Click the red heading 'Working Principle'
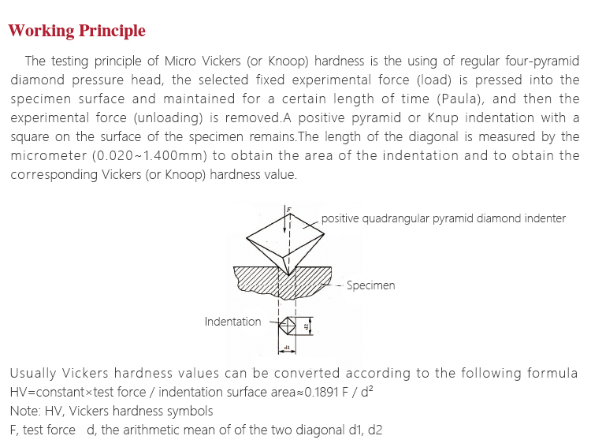pyautogui.click(x=76, y=32)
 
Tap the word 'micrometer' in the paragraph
pyautogui.click(x=48, y=155)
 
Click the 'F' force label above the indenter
pyautogui.click(x=289, y=210)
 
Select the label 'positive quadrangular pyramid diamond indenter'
pyautogui.click(x=444, y=218)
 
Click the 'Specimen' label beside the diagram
pyautogui.click(x=370, y=285)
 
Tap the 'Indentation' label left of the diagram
pyautogui.click(x=232, y=322)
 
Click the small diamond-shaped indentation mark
pyautogui.click(x=288, y=324)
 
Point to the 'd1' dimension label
pyautogui.click(x=288, y=347)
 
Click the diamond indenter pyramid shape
pyautogui.click(x=284, y=237)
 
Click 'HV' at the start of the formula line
pyautogui.click(x=18, y=392)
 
